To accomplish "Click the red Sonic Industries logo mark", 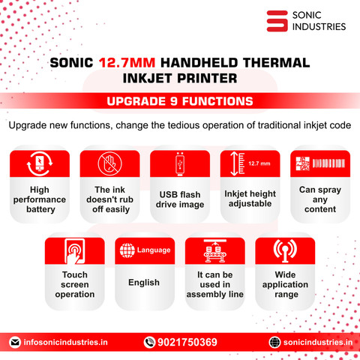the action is point(277,21).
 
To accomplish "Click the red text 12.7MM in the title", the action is point(127,62).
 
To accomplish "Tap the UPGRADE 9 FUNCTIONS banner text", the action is point(180,101).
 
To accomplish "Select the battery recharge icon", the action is point(40,163).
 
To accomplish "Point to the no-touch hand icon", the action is point(109,163).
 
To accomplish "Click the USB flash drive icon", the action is point(180,163).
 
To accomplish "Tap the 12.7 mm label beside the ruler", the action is point(259,163).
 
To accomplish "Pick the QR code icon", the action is point(303,163).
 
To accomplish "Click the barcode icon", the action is point(328,163).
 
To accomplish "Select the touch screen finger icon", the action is point(75,251).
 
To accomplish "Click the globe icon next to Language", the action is point(127,250).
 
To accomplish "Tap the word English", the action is point(144,283).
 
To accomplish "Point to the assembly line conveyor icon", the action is point(215,250).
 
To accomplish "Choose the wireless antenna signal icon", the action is point(285,251).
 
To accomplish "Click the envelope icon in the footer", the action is point(15,342).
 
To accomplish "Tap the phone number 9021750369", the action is point(187,342).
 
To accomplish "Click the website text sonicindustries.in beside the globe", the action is point(318,342).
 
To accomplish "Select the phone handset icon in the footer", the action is point(149,342).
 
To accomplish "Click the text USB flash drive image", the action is point(180,199).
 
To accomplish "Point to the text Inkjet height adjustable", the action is point(250,199).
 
